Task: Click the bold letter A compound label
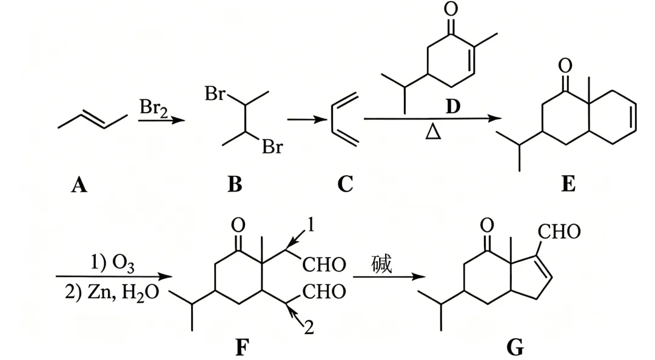[79, 184]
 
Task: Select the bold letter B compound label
[235, 184]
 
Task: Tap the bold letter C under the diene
[346, 184]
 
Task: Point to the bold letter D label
[453, 107]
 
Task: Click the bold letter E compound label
[568, 184]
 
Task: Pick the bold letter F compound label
[242, 347]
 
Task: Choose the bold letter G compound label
[515, 347]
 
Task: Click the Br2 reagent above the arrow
[153, 108]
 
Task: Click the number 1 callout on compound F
[311, 225]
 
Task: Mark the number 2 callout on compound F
[309, 327]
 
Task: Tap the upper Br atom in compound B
[215, 94]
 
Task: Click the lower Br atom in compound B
[272, 147]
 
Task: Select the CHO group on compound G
[559, 232]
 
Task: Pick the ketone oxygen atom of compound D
[451, 8]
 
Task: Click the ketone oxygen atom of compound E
[565, 65]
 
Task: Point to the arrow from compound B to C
[307, 120]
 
